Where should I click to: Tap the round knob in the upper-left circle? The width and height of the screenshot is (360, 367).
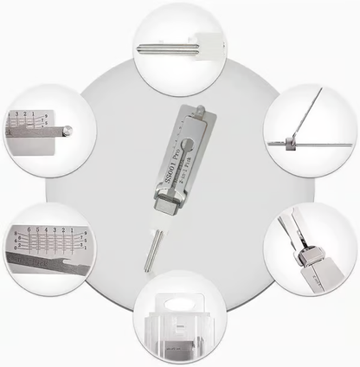pos(67,131)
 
